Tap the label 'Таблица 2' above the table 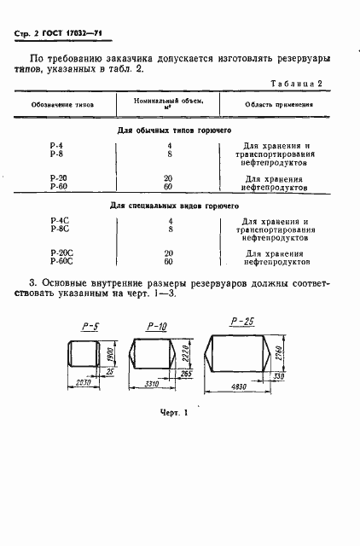(295, 84)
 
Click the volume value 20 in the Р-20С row (169, 253)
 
